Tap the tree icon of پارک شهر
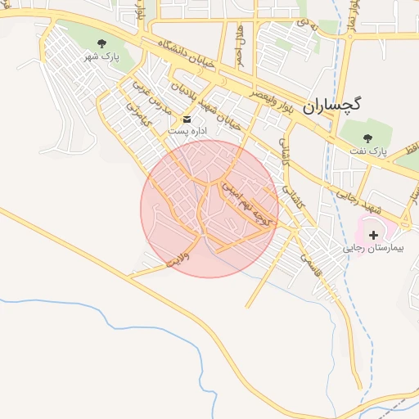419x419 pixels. (101, 43)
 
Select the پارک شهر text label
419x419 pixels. (101, 58)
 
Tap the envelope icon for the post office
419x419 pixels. (187, 119)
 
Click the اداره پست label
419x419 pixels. (187, 131)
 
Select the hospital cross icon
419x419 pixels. (373, 235)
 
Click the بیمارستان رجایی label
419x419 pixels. (373, 246)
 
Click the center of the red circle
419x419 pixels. (209, 209)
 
